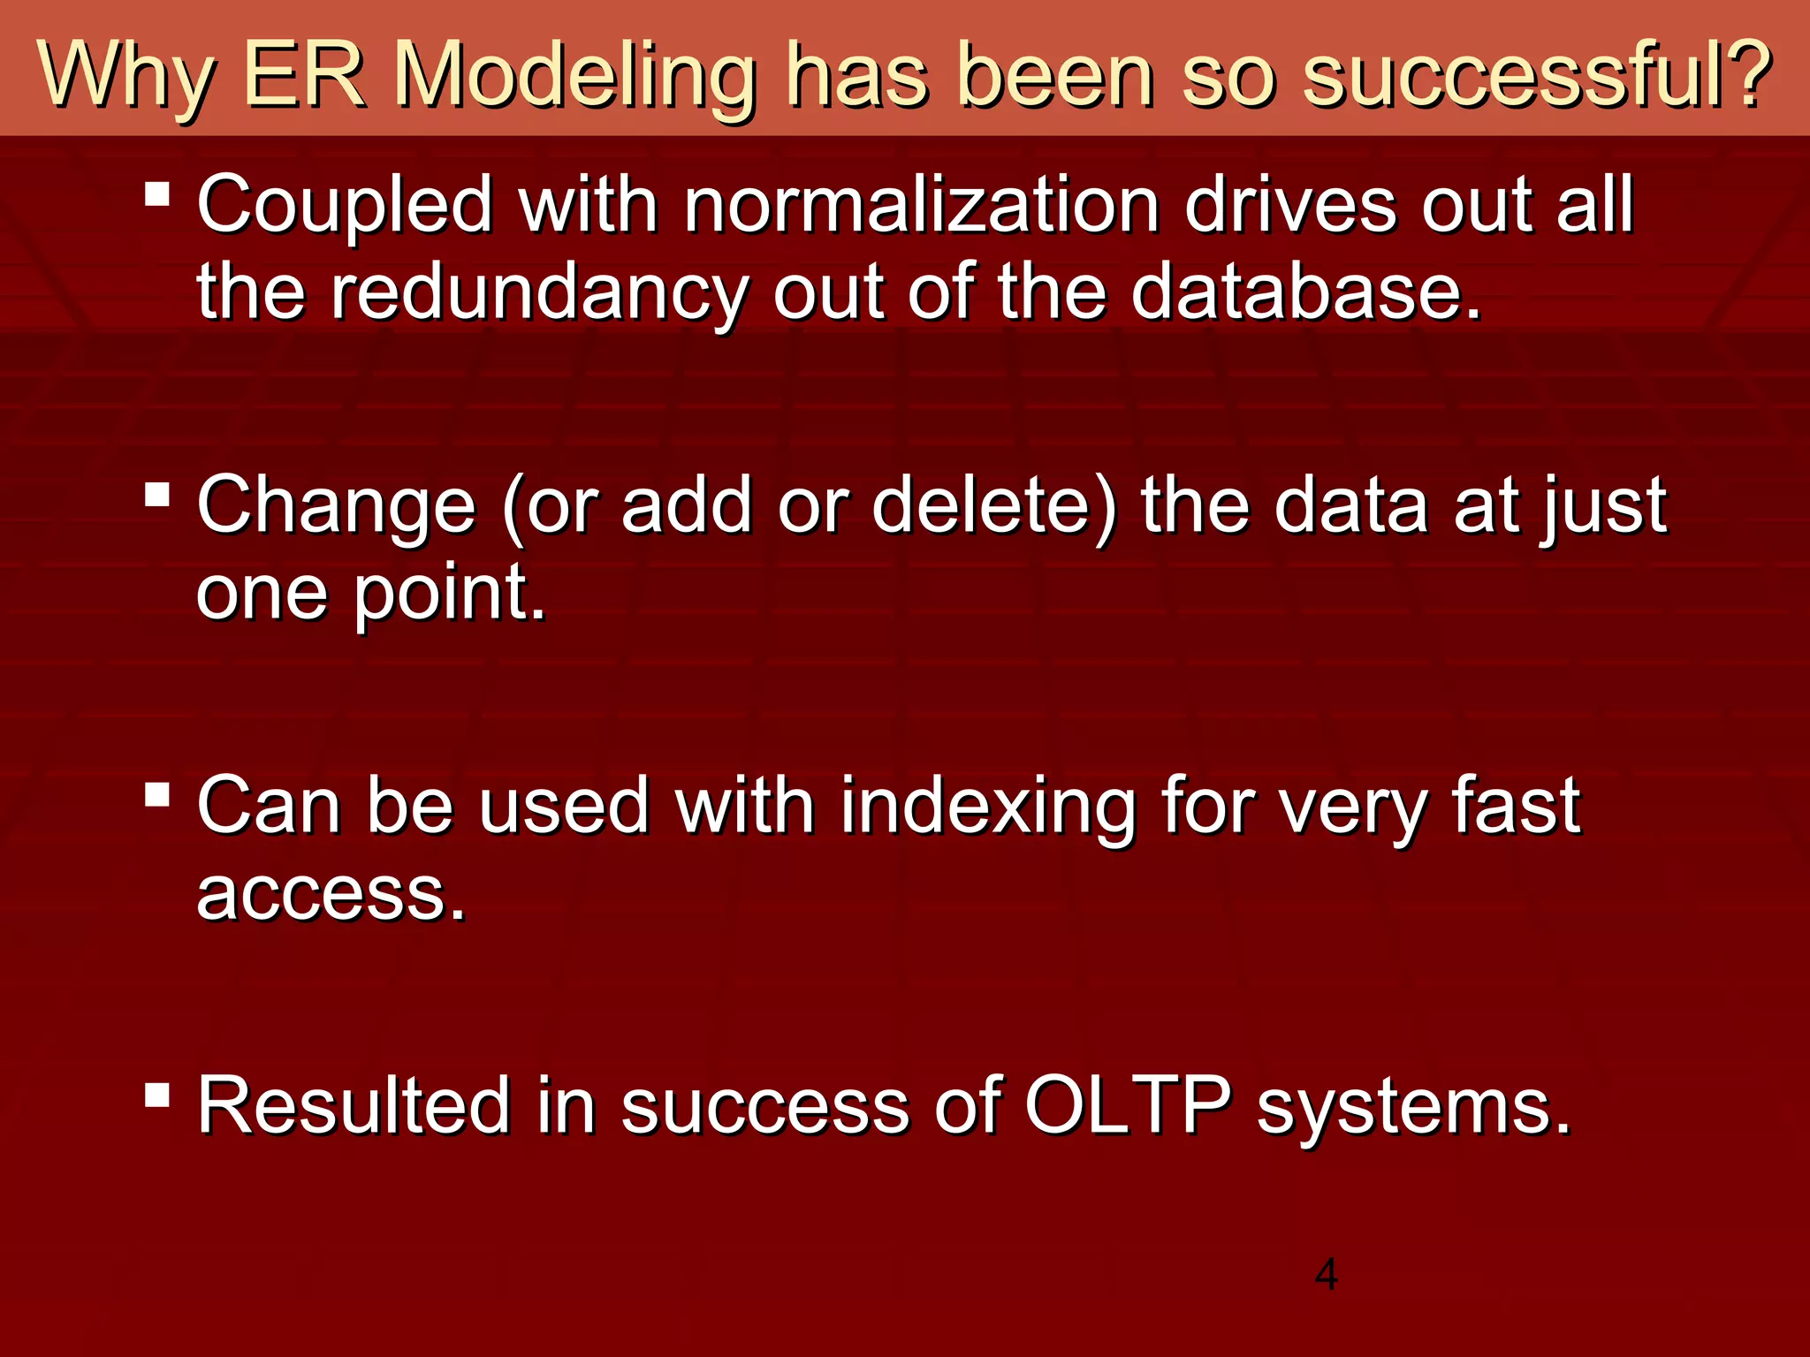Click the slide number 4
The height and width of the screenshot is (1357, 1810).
click(1326, 1275)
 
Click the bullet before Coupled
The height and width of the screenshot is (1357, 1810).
click(157, 193)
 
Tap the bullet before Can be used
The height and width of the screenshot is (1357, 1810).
click(157, 794)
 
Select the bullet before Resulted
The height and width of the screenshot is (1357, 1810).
click(157, 1095)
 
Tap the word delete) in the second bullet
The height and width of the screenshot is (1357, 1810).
click(994, 505)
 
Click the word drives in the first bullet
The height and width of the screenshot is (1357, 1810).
click(1290, 205)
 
